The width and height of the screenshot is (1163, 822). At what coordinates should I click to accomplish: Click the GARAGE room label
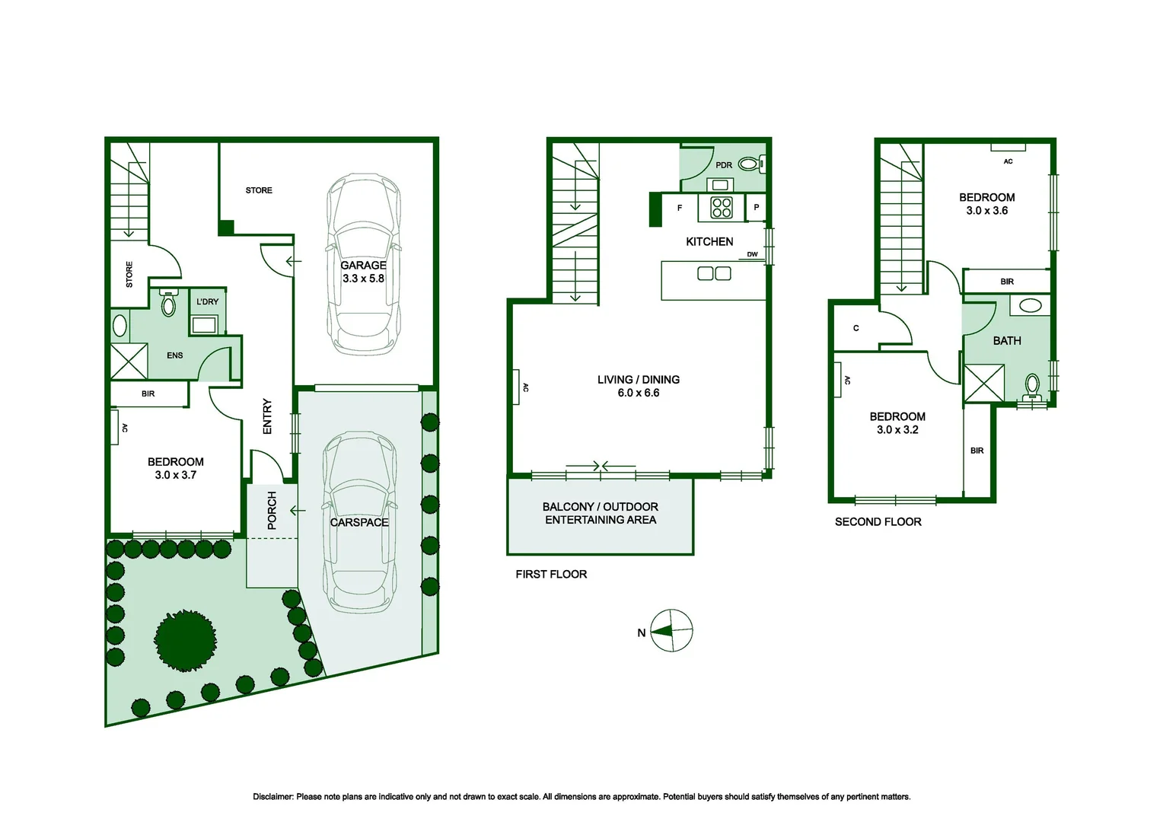point(363,266)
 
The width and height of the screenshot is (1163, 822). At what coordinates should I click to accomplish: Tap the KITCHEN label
point(709,241)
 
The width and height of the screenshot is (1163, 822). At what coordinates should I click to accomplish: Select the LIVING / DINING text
point(638,380)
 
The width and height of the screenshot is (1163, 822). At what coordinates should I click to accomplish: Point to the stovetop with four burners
point(722,208)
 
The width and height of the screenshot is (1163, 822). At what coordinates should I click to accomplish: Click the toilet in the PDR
point(752,164)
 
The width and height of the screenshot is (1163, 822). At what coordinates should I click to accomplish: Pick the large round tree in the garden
point(186,640)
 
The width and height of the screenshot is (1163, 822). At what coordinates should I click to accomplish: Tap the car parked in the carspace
point(359,522)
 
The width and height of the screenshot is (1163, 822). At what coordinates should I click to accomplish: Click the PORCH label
point(272,511)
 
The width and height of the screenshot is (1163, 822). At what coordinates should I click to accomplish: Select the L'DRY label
point(207,301)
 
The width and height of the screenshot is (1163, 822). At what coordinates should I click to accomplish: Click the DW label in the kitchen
point(752,254)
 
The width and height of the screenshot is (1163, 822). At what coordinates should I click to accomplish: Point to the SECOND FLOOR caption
point(878,522)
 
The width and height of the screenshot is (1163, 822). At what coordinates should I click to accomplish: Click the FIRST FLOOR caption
point(551,575)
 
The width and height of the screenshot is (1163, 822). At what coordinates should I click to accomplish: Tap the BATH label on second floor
point(1007,341)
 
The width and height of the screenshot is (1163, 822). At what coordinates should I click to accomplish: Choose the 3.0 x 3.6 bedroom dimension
point(986,211)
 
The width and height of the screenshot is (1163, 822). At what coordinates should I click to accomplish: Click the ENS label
point(174,355)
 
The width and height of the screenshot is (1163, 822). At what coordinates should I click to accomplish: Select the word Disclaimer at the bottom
point(273,797)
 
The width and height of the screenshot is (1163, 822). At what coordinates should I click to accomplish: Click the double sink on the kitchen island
point(714,273)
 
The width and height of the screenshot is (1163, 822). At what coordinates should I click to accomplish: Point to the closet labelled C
point(856,328)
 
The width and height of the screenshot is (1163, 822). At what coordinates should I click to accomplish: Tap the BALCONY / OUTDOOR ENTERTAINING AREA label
point(601,513)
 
